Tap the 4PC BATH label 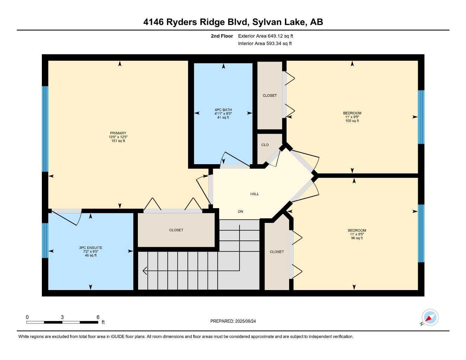pos(223,110)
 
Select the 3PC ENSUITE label pos(90,247)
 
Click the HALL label pos(254,194)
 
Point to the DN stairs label pos(240,212)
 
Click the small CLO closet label pos(265,145)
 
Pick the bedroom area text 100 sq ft pos(352,121)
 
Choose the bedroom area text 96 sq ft pos(356,238)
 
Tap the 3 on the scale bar pos(62,317)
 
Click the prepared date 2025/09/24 pos(245,321)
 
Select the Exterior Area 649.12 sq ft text pos(266,36)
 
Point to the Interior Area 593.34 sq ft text pos(265,44)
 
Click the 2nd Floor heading pos(222,36)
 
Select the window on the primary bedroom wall pos(45,129)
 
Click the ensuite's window pos(45,240)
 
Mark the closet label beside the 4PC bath pos(270,96)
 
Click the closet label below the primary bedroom pos(176,230)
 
